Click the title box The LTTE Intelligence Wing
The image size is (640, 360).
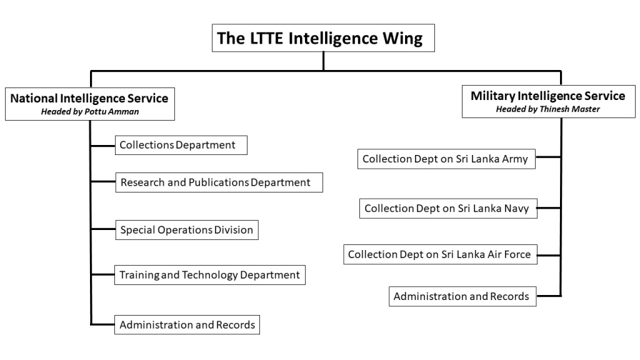pyautogui.click(x=323, y=38)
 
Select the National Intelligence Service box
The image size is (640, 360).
pyautogui.click(x=90, y=104)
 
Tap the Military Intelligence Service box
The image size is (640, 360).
pyautogui.click(x=549, y=101)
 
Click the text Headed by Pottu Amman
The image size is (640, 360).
pyautogui.click(x=90, y=111)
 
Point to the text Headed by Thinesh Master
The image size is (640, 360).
pyautogui.click(x=547, y=109)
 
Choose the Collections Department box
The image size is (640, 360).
pyautogui.click(x=181, y=145)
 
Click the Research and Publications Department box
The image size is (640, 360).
pyautogui.click(x=219, y=182)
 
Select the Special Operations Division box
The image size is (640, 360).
pyautogui.click(x=187, y=230)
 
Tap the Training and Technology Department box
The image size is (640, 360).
pyautogui.click(x=210, y=275)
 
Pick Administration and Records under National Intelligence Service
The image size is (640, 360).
pyautogui.click(x=187, y=324)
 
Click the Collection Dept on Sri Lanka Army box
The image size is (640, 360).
pyautogui.click(x=446, y=159)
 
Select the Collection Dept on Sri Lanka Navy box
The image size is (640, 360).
pyautogui.click(x=448, y=209)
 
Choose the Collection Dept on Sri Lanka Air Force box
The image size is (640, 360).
pyautogui.click(x=441, y=254)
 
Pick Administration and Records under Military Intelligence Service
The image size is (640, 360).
pyautogui.click(x=462, y=296)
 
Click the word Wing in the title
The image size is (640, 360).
pyautogui.click(x=402, y=39)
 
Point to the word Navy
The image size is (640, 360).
pyautogui.click(x=516, y=209)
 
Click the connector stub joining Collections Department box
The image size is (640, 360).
pyautogui.click(x=103, y=145)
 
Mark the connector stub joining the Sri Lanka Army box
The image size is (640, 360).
pyautogui.click(x=548, y=157)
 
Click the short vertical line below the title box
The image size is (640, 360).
pyautogui.click(x=323, y=61)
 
